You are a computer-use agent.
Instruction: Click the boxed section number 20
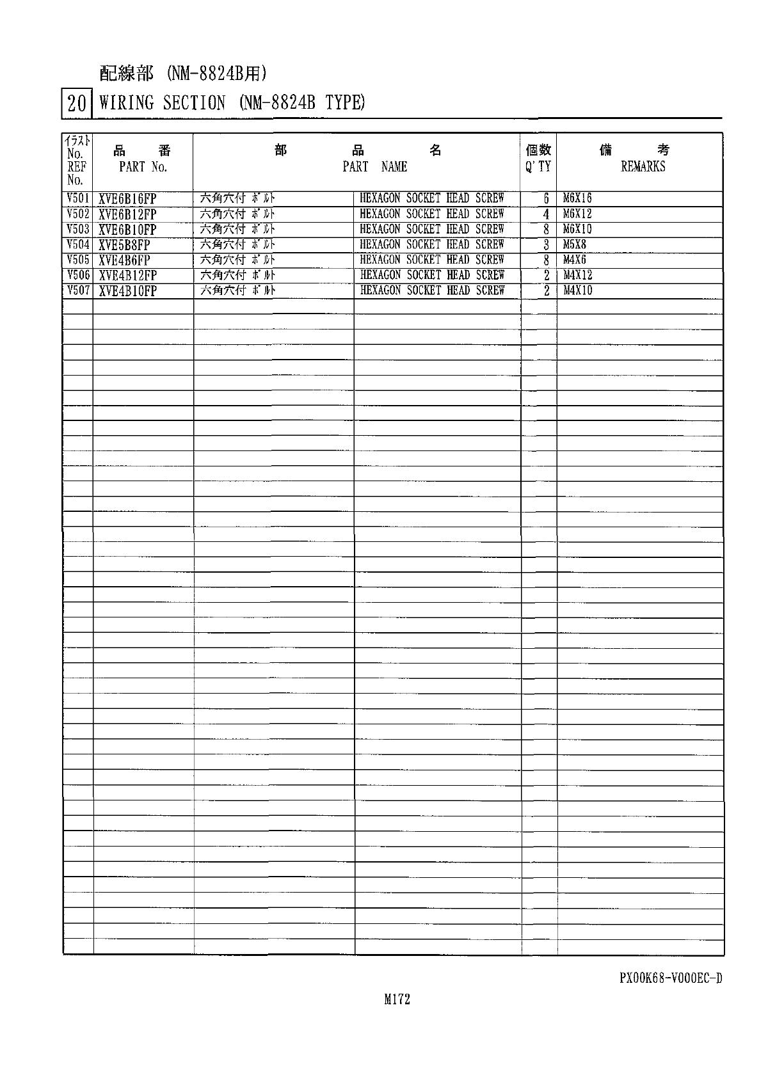click(76, 103)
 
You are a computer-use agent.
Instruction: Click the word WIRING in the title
click(127, 102)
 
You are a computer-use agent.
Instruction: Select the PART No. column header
click(143, 167)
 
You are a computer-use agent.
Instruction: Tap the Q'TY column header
click(538, 166)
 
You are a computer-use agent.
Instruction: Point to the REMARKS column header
click(643, 166)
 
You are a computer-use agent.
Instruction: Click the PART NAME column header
click(374, 166)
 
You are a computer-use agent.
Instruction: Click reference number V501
click(77, 198)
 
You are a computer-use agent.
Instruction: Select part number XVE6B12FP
click(127, 214)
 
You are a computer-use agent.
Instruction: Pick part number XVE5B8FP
click(124, 245)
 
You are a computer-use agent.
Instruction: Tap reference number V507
click(77, 290)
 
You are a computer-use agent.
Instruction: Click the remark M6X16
click(577, 198)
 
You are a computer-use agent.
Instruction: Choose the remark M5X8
click(575, 244)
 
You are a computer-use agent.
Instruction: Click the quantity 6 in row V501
click(547, 199)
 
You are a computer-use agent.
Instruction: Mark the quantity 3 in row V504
click(547, 245)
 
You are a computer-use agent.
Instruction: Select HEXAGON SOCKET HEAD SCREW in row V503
click(432, 229)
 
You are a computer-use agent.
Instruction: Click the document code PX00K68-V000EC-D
click(670, 978)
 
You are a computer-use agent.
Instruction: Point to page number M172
click(397, 999)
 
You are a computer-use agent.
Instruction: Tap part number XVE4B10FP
click(127, 291)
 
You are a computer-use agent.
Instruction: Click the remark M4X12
click(578, 275)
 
